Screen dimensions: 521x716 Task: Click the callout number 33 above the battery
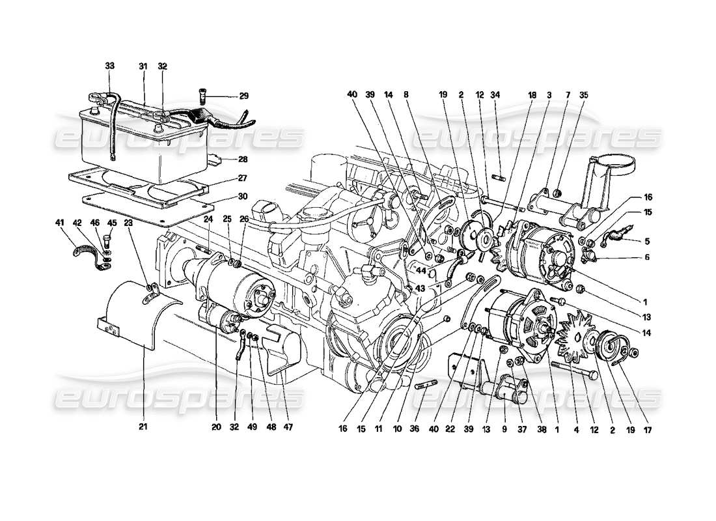tap(109, 66)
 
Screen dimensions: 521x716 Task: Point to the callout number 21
tap(143, 427)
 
